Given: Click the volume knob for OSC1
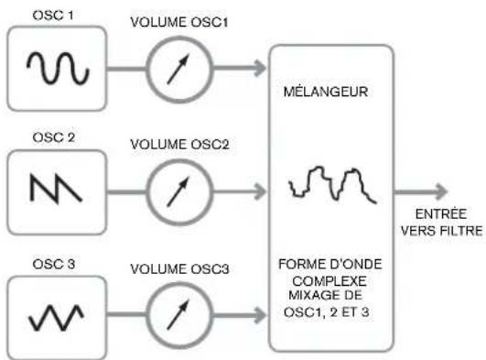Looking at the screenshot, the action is point(178,68).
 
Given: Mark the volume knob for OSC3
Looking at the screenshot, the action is point(178,314).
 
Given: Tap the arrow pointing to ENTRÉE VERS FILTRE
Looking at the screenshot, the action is point(424,192).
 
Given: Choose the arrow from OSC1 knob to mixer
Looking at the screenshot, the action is point(240,68).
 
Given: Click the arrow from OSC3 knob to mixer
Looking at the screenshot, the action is point(240,314).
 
